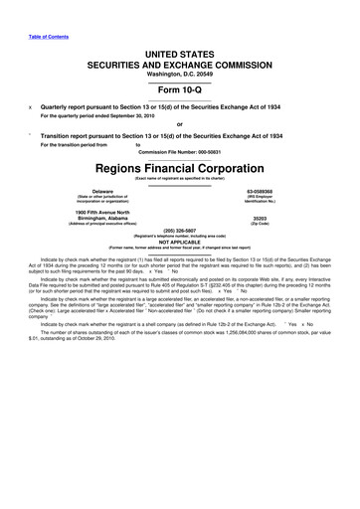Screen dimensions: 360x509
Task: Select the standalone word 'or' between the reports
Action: (x=180, y=124)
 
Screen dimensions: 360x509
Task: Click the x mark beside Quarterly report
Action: (x=31, y=105)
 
